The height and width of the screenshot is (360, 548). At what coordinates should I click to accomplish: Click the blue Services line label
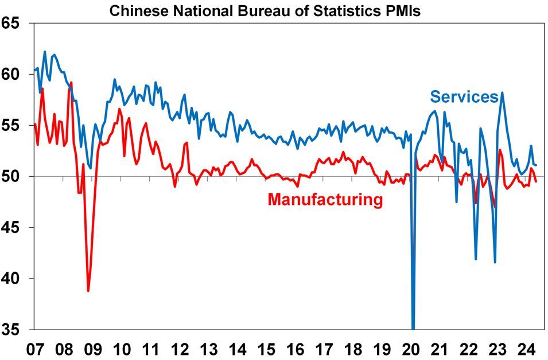point(464,97)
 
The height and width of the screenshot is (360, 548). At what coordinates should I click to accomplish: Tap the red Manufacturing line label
point(325,200)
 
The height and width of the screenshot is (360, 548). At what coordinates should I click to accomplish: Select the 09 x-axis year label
point(93,349)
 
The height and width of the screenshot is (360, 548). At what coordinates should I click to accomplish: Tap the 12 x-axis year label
point(180,349)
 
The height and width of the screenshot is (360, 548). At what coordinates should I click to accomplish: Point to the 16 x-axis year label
point(296,349)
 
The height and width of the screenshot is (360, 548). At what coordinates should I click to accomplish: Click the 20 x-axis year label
point(411,349)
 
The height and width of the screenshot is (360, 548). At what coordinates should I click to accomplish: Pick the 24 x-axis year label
point(527,349)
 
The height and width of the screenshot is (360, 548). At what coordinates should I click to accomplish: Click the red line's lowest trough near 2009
point(88,291)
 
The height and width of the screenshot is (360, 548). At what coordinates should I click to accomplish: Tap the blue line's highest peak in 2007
point(45,52)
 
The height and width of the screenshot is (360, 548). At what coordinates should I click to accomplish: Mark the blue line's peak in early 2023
point(503,92)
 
